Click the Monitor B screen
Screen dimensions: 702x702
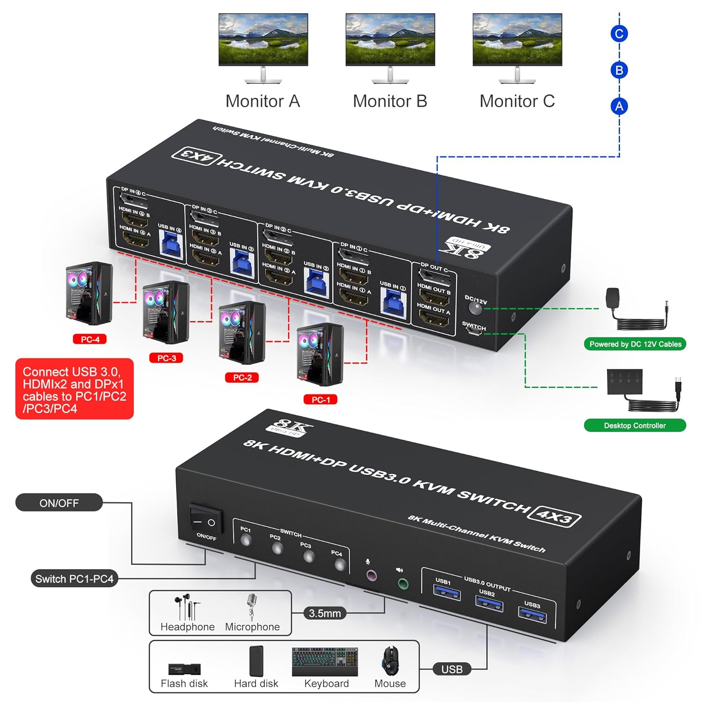click(x=390, y=39)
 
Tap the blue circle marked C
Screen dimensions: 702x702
click(x=619, y=34)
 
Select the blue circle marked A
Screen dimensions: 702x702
click(x=619, y=107)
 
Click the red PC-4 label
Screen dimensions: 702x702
click(x=90, y=339)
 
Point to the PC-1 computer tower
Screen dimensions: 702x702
click(x=320, y=354)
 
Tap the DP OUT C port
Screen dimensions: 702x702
click(x=435, y=277)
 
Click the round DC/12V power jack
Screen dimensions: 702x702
click(x=475, y=308)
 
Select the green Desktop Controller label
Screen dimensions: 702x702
click(x=635, y=425)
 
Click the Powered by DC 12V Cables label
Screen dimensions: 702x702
click(x=635, y=344)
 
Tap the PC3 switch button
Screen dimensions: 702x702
click(x=308, y=556)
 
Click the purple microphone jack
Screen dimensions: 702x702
click(x=371, y=575)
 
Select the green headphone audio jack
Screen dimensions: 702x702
click(x=402, y=584)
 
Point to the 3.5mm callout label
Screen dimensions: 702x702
click(x=325, y=613)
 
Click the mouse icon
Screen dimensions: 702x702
click(x=390, y=661)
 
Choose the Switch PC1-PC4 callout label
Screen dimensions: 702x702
click(x=74, y=579)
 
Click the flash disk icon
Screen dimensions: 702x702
click(x=184, y=669)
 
